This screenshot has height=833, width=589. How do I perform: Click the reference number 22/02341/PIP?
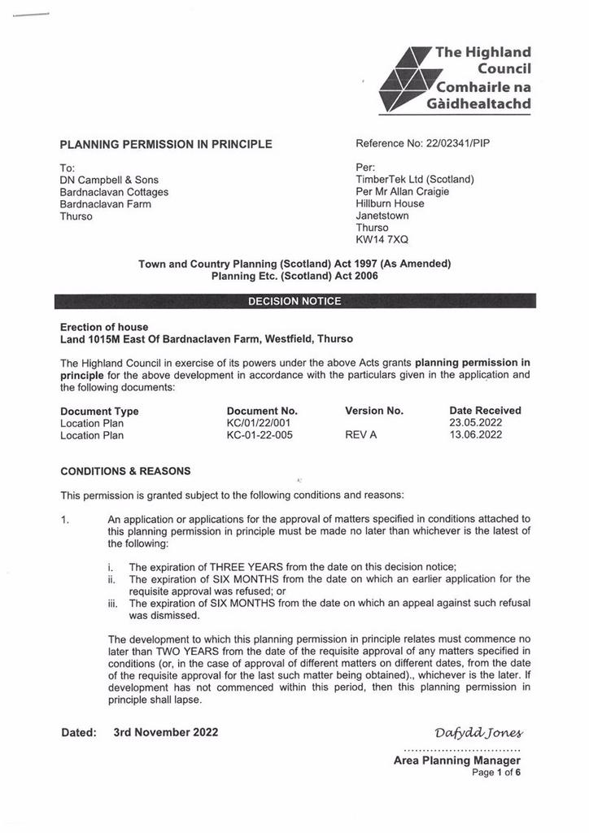pyautogui.click(x=458, y=144)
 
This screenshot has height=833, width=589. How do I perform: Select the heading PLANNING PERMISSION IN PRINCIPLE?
pyautogui.click(x=166, y=145)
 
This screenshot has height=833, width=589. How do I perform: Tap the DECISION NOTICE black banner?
pyautogui.click(x=294, y=301)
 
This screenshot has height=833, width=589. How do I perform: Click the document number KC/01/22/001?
pyautogui.click(x=259, y=423)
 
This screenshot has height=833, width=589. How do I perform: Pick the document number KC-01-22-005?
pyautogui.click(x=260, y=435)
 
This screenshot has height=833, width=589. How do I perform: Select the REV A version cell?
pyautogui.click(x=361, y=435)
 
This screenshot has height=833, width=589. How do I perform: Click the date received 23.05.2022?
pyautogui.click(x=476, y=423)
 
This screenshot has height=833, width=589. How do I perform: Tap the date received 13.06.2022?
pyautogui.click(x=476, y=435)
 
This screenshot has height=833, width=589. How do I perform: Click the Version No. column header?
pyautogui.click(x=374, y=411)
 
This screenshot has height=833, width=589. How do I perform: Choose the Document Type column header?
pyautogui.click(x=99, y=411)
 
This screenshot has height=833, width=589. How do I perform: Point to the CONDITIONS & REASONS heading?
pyautogui.click(x=125, y=471)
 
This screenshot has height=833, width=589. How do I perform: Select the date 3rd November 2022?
pyautogui.click(x=166, y=732)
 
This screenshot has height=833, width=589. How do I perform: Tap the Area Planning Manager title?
pyautogui.click(x=456, y=761)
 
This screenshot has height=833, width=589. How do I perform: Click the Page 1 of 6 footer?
pyautogui.click(x=496, y=773)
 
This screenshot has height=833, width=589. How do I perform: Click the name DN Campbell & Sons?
pyautogui.click(x=109, y=180)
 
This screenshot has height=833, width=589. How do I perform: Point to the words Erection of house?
pyautogui.click(x=104, y=327)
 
